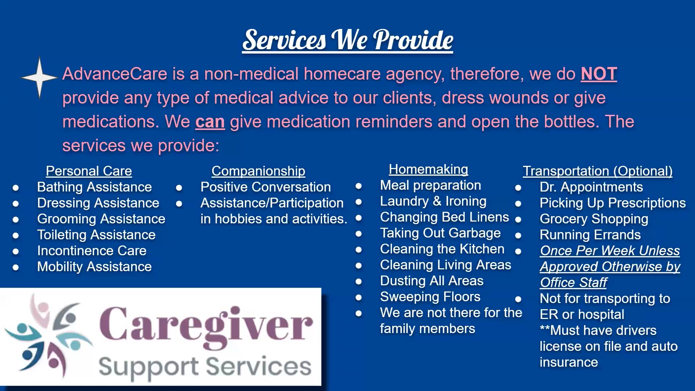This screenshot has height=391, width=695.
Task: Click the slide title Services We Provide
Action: (347, 40)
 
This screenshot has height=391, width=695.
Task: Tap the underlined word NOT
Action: (599, 74)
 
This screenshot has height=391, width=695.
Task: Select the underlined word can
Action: (210, 122)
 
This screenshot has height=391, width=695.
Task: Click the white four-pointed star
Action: (39, 77)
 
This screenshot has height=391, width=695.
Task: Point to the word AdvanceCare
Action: (115, 74)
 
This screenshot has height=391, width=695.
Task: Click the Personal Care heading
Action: (89, 171)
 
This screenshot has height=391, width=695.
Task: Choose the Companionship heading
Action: (258, 171)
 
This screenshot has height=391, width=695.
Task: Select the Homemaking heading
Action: (428, 169)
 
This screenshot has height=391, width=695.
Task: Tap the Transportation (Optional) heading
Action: (598, 171)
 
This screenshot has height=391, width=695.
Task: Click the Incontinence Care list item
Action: (92, 251)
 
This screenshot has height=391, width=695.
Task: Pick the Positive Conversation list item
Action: (265, 187)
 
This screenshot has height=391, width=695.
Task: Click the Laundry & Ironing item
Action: (433, 201)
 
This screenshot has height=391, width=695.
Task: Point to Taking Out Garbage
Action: (440, 233)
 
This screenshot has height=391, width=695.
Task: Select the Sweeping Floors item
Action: (430, 297)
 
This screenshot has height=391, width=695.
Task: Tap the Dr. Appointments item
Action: (591, 187)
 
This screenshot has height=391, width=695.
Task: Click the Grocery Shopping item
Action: (594, 219)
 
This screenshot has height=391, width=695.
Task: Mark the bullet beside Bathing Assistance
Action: (16, 188)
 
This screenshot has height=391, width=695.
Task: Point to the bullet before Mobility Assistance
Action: (16, 267)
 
